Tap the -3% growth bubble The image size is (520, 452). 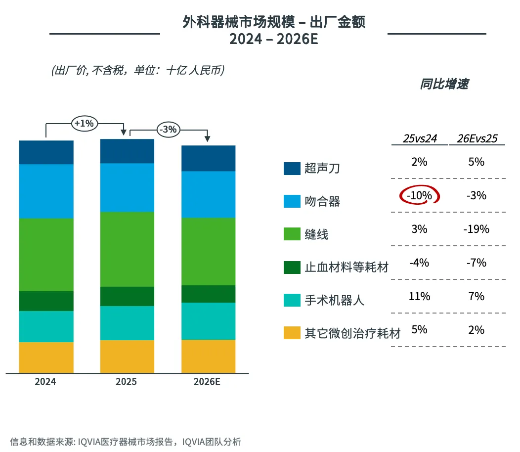point(168,130)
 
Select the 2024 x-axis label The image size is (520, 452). point(45,382)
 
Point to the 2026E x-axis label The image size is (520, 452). point(208,382)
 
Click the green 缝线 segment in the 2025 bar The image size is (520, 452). point(127,249)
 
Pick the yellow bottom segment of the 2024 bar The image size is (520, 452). point(46,358)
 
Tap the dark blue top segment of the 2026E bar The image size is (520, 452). point(208,158)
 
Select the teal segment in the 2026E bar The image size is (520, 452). point(208,321)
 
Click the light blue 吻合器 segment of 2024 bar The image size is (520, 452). point(46,191)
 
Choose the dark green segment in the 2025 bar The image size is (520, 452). point(127,296)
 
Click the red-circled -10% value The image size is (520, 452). point(420,196)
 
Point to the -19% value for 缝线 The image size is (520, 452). point(477,229)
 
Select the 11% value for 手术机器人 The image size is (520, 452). point(420,297)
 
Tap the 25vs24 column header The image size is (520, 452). point(420,139)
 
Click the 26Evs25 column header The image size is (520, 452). point(477,139)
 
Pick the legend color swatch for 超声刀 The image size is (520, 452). point(292,169)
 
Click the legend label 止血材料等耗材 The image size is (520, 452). point(347,268)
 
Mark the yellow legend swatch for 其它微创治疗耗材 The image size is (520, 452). point(292,332)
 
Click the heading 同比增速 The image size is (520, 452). point(444,84)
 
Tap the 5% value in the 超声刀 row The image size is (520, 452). point(477,162)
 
